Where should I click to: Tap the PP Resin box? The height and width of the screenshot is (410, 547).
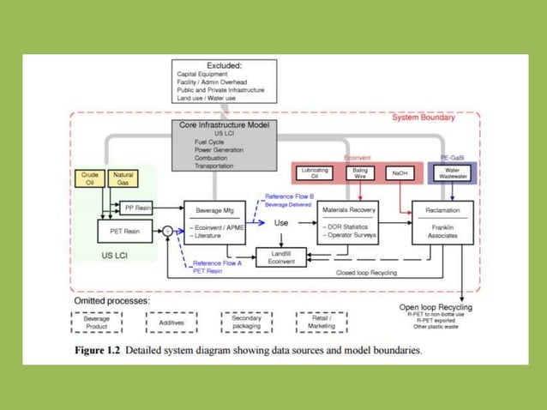coord(137,207)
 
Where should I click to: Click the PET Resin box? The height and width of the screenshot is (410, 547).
coord(125,230)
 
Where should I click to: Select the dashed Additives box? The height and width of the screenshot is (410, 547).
coord(173,322)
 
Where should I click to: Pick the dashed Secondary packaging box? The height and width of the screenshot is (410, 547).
coord(246,322)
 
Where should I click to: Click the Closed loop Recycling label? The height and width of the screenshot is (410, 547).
coord(369,272)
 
